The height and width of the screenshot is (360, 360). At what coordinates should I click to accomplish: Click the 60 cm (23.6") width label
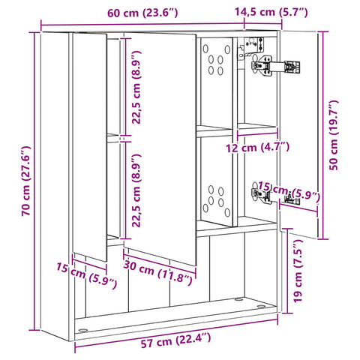[x=142, y=13]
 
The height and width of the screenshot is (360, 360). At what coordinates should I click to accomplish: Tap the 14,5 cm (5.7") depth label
[x=271, y=12]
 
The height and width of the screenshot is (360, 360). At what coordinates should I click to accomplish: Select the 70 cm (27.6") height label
[x=26, y=181]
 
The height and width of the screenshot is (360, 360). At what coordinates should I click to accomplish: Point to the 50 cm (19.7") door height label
[x=334, y=135]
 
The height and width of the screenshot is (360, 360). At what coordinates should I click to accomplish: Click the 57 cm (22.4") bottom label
[x=175, y=340]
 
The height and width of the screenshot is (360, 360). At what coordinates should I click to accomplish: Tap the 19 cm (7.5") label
[x=298, y=271]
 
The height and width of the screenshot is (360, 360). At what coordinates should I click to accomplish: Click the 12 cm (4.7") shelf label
[x=258, y=147]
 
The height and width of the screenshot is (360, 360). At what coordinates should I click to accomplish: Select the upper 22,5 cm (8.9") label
[x=136, y=87]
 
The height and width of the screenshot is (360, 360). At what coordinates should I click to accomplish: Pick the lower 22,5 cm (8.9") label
[x=136, y=190]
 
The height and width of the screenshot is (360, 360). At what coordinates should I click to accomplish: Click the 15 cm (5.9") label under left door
[x=86, y=275]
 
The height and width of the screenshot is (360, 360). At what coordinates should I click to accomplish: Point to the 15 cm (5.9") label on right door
[x=289, y=192]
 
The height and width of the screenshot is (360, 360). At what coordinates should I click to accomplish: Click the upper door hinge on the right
[x=275, y=66]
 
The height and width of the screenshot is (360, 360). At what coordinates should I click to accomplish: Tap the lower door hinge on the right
[x=275, y=196]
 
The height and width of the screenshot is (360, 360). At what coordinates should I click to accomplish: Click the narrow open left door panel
[x=90, y=147]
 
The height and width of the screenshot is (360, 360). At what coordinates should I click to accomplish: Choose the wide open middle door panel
[x=160, y=148]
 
